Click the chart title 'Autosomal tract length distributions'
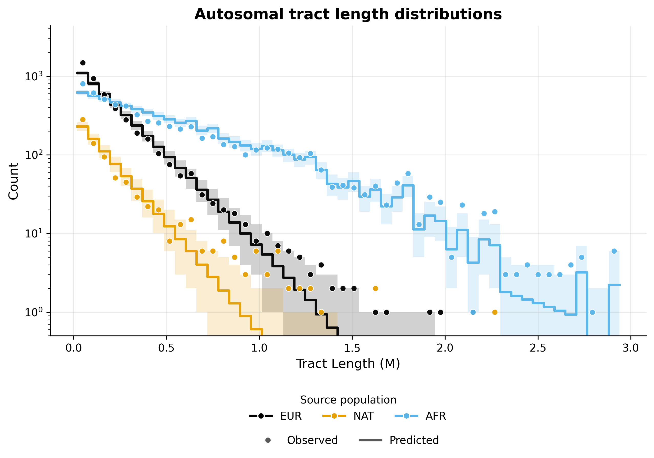pyautogui.click(x=348, y=14)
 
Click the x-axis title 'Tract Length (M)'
pyautogui.click(x=348, y=364)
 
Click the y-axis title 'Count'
pyautogui.click(x=13, y=181)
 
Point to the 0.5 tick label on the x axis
pyautogui.click(x=166, y=348)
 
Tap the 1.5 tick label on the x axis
pyautogui.click(x=352, y=348)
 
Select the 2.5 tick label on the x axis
pyautogui.click(x=538, y=348)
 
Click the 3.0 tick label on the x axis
pyautogui.click(x=631, y=348)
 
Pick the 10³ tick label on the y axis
pyautogui.click(x=34, y=76)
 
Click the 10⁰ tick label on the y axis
pyautogui.click(x=34, y=312)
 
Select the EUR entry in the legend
pyautogui.click(x=291, y=416)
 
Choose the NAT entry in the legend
pyautogui.click(x=363, y=416)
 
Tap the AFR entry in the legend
pyautogui.click(x=436, y=416)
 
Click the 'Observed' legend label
pyautogui.click(x=312, y=440)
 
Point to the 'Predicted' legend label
pyautogui.click(x=414, y=440)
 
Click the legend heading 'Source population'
pyautogui.click(x=348, y=400)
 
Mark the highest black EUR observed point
pyautogui.click(x=83, y=63)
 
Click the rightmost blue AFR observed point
pyautogui.click(x=614, y=251)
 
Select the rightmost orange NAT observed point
pyautogui.click(x=495, y=312)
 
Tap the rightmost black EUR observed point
pyautogui.click(x=440, y=312)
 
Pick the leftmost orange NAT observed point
pyautogui.click(x=83, y=119)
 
